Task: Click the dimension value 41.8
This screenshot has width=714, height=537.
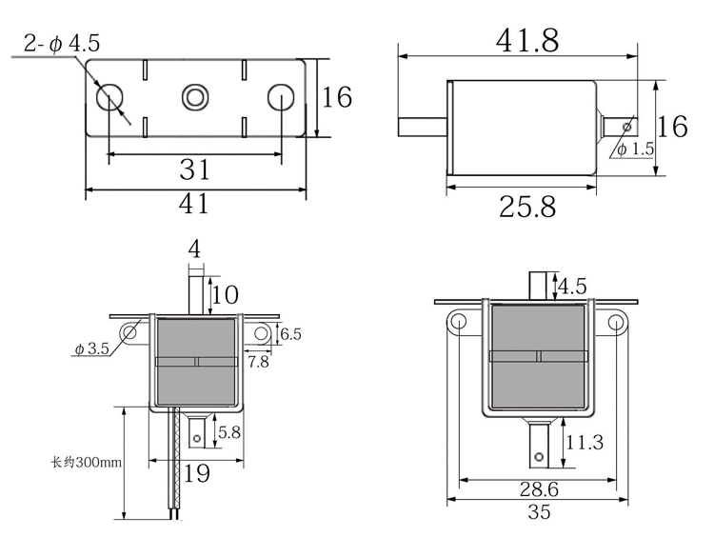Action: pos(526,40)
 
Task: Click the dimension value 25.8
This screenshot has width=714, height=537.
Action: pos(526,206)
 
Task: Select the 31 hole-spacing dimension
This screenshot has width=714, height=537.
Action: pos(195,169)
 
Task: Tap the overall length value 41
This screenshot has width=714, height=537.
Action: pos(194,202)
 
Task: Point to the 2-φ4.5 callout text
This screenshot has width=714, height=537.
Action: pos(62,43)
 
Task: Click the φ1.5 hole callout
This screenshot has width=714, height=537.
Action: pos(635,149)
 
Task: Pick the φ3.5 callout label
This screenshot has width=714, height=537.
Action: pos(91,349)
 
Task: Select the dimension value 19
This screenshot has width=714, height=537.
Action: pos(196,472)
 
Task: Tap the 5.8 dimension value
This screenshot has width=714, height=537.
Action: pos(228,433)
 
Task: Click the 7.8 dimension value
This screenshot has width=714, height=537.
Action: pos(257,362)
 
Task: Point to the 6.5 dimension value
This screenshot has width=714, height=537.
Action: pos(290,334)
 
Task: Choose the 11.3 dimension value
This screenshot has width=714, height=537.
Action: pos(584,443)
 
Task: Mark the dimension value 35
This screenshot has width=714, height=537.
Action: pos(538,512)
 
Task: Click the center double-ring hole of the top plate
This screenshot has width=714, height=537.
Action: pos(195,96)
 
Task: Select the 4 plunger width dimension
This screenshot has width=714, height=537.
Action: pos(194,249)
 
